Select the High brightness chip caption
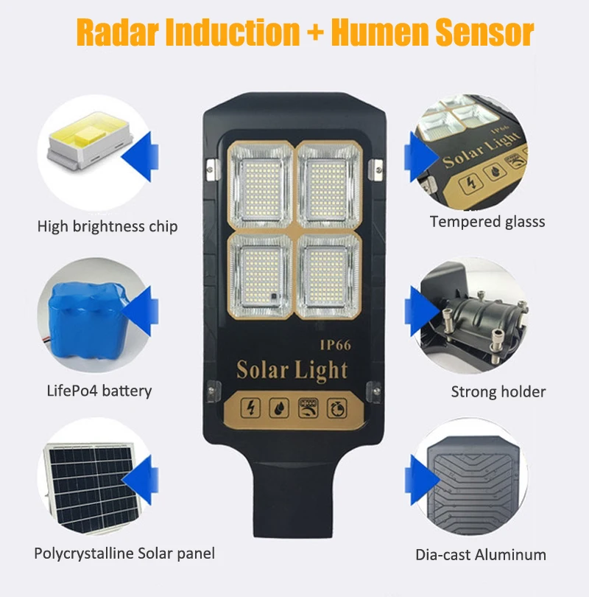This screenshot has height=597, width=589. [107, 226]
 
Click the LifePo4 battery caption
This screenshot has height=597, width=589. [99, 390]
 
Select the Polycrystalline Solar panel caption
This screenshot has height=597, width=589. [124, 553]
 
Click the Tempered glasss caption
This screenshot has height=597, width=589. [487, 221]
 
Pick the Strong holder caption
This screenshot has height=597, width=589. [498, 391]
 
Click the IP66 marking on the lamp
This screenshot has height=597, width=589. [334, 344]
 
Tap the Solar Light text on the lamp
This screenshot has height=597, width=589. [292, 369]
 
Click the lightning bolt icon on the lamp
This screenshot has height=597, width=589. [251, 407]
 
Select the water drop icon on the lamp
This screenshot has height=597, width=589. [278, 407]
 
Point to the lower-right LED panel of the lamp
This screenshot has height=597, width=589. [329, 273]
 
